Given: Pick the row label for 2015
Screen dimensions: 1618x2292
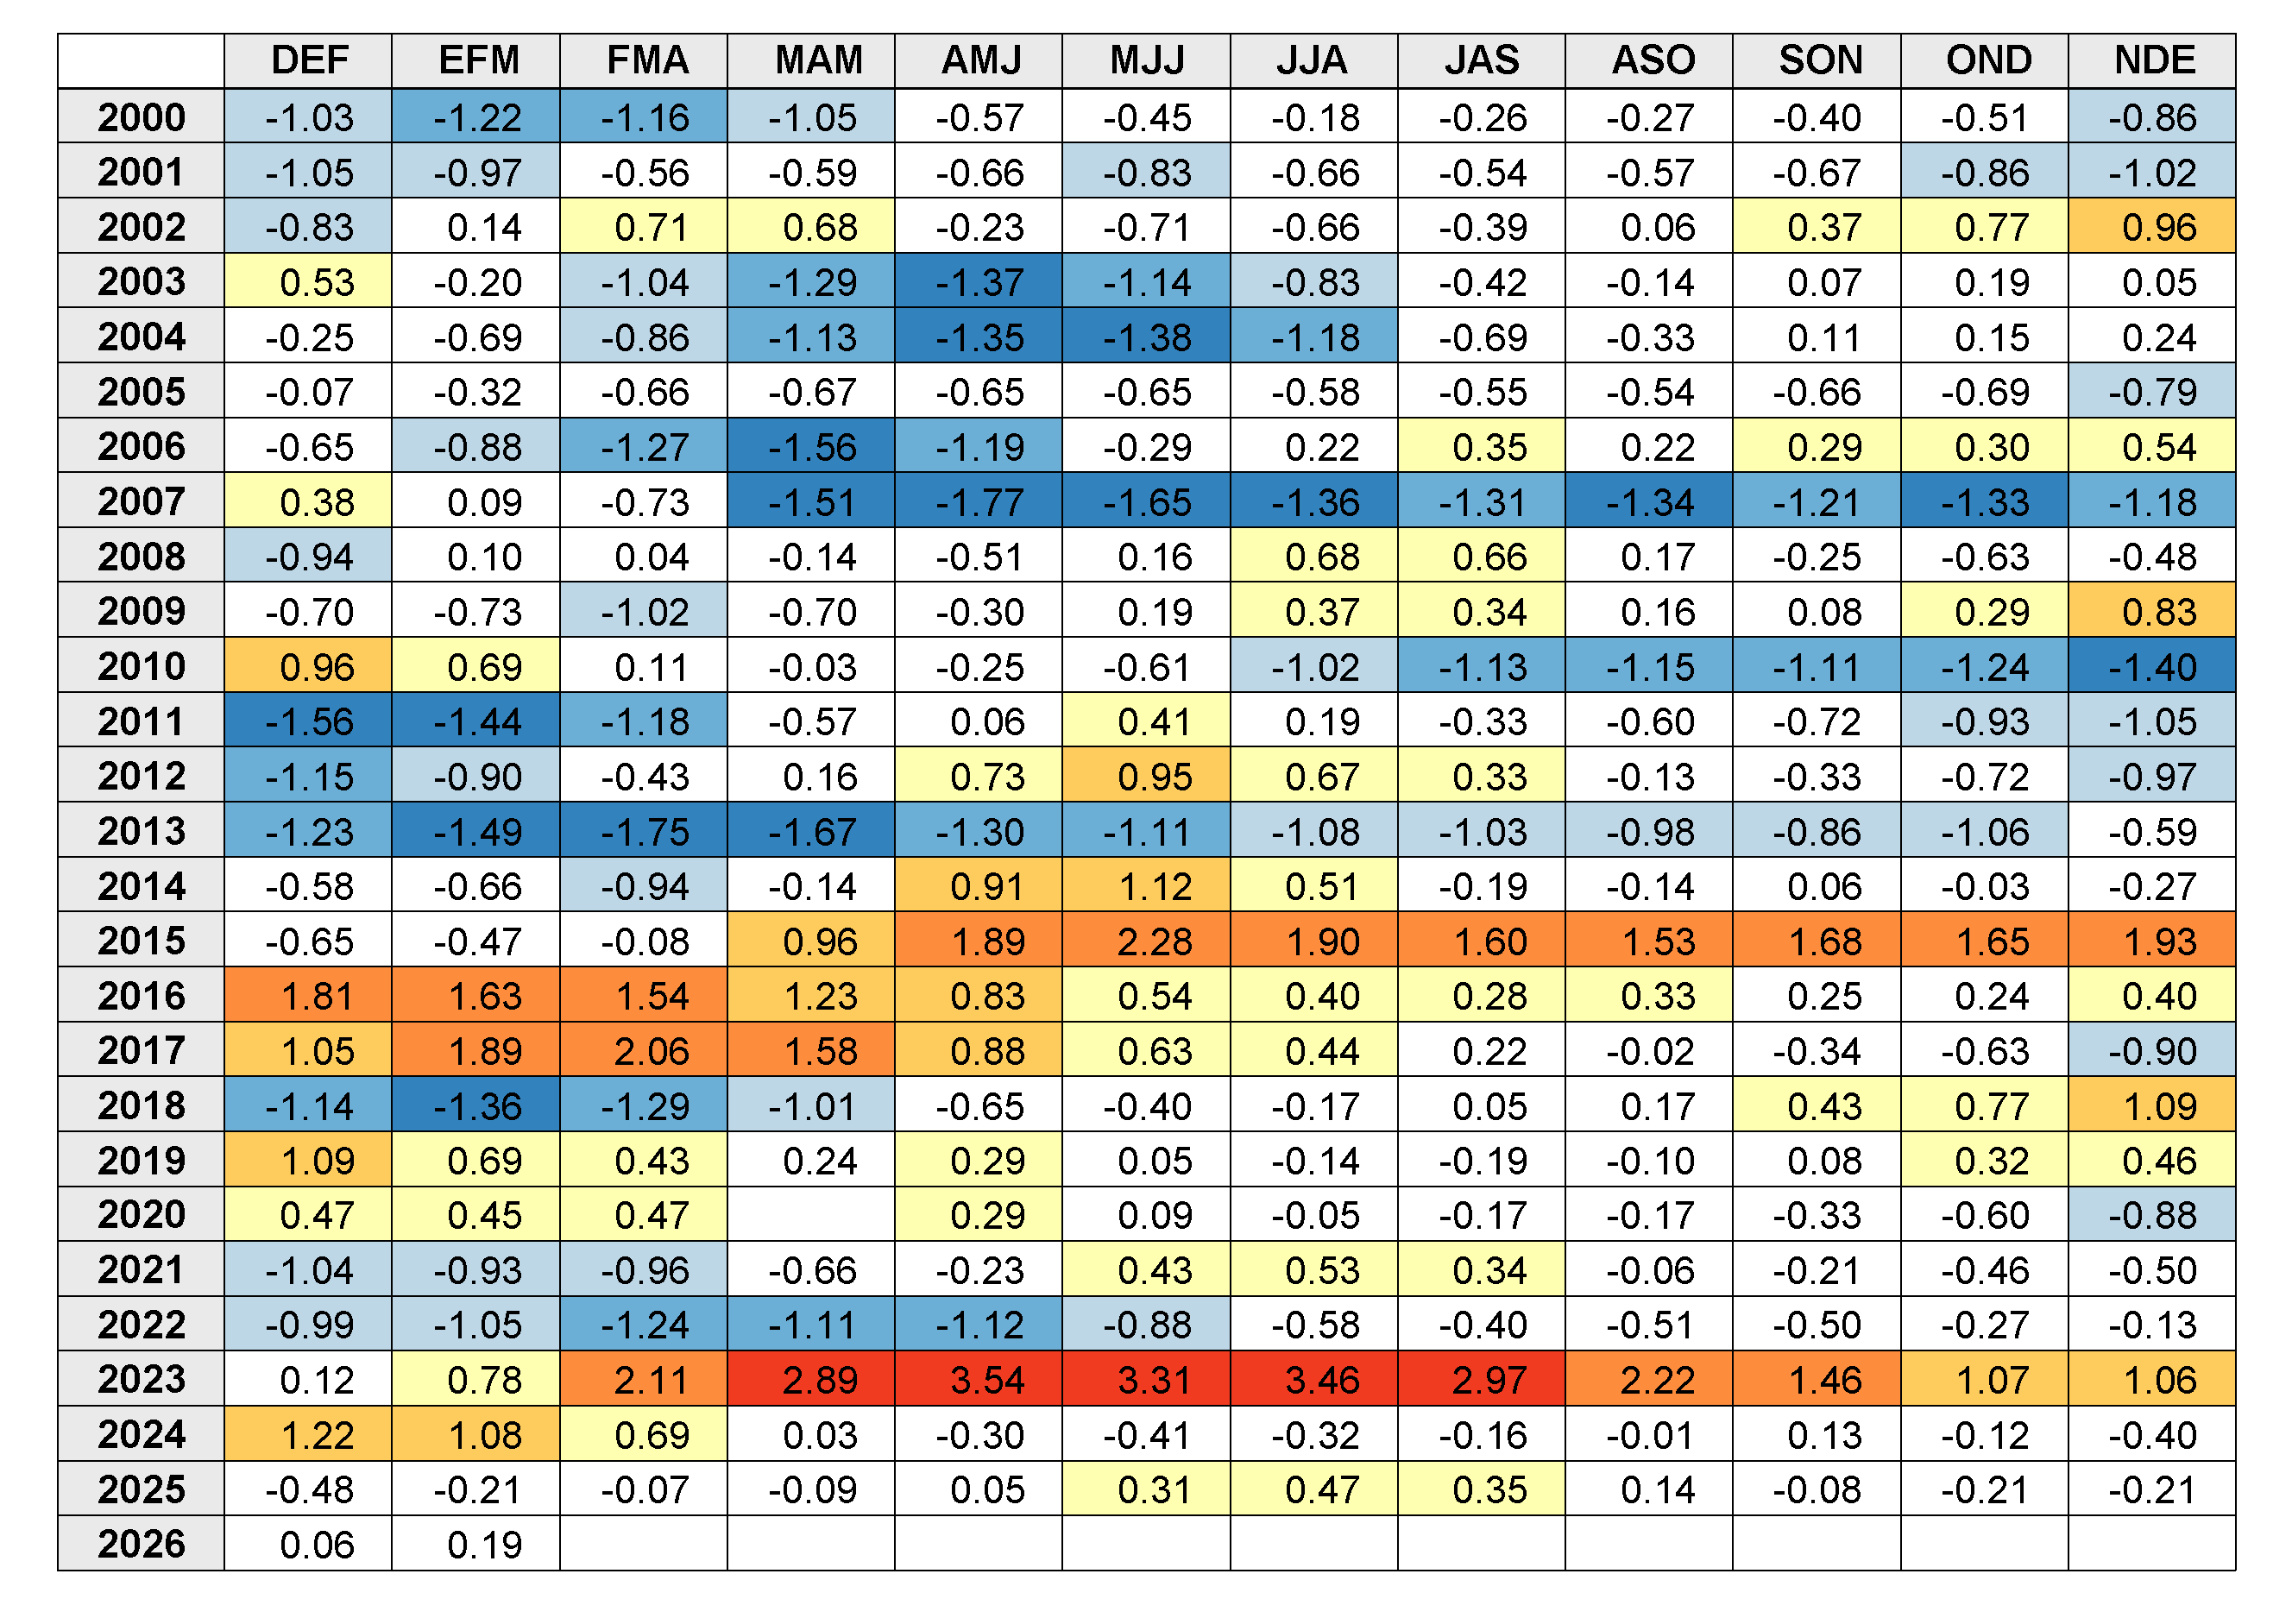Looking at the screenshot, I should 141,941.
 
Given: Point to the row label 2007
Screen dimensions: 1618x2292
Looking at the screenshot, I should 141,501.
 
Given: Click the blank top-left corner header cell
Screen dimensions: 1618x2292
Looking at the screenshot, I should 141,61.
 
